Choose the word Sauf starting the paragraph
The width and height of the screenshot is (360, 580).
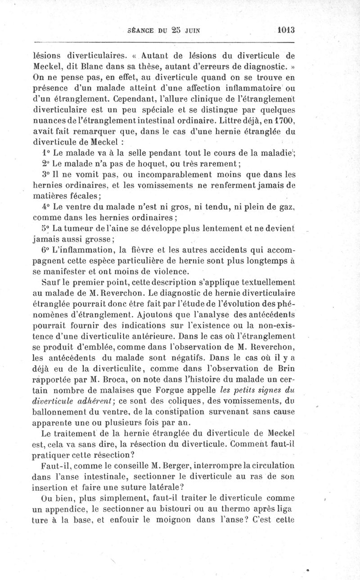point(50,283)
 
